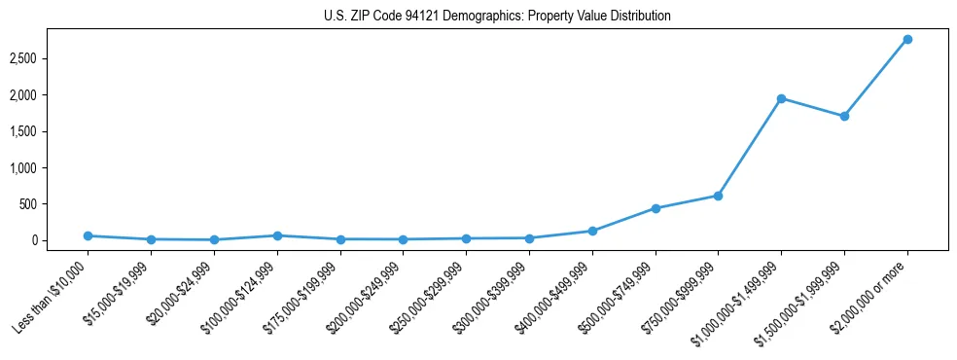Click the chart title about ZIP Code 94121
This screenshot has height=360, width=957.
[497, 17]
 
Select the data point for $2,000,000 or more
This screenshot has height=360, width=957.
[907, 39]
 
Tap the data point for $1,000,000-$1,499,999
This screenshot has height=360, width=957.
[781, 98]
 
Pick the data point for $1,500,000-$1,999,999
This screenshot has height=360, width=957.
[844, 116]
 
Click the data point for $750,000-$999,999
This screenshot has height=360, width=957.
[718, 196]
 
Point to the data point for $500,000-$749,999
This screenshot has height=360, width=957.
[656, 208]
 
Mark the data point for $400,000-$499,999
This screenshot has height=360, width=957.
[592, 231]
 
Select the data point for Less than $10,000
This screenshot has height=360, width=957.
[88, 235]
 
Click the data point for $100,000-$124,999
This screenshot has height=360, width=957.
[277, 235]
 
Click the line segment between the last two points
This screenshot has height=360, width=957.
[875, 78]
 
